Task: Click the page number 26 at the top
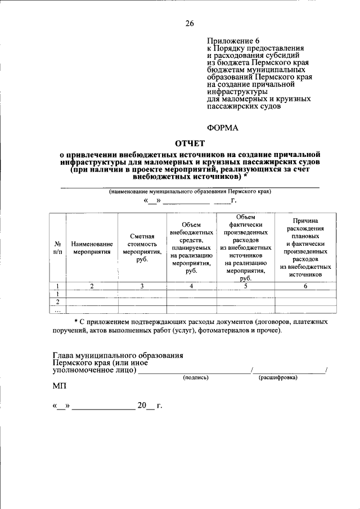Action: coord(190,23)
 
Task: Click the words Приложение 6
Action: coord(233,41)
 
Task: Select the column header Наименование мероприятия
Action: coord(92,248)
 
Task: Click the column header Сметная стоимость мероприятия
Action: coord(142,248)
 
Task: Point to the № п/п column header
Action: coord(57,248)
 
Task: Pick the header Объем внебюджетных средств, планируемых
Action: coord(191,248)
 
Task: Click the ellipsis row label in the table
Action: coord(57,309)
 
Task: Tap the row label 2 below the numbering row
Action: coord(57,301)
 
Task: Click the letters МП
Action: coord(59,387)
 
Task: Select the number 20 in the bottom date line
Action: coord(142,406)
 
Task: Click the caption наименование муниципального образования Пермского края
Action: coord(190,191)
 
